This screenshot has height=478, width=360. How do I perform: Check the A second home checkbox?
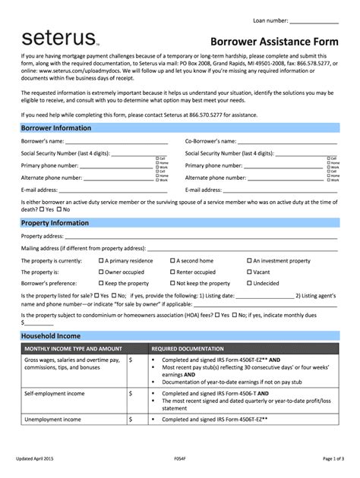[x=173, y=260]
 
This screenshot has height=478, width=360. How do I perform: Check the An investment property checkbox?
[x=248, y=260]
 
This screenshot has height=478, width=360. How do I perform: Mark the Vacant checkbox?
[x=248, y=272]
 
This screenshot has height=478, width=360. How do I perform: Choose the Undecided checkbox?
[x=248, y=283]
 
